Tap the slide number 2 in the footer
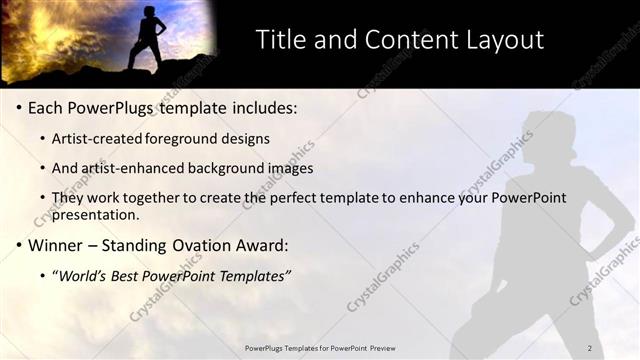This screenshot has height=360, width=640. pos(589,347)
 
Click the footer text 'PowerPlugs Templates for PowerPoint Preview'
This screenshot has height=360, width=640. pos(319,347)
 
